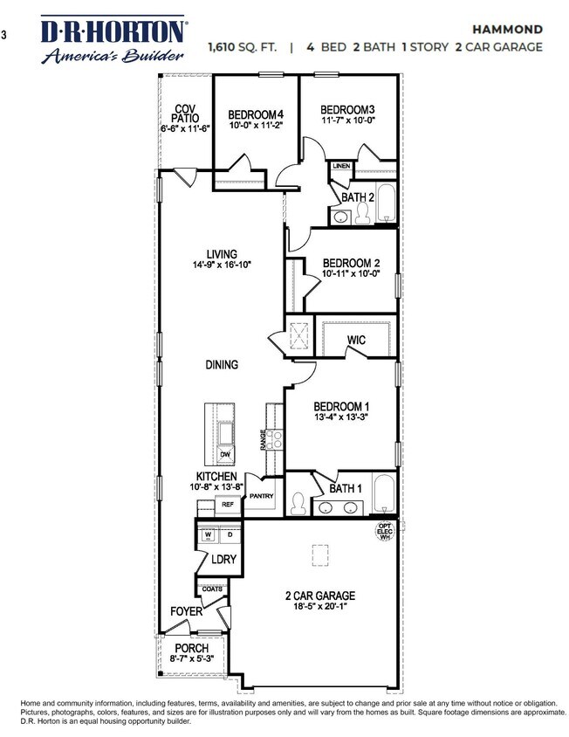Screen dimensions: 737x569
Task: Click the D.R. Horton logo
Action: point(113,39)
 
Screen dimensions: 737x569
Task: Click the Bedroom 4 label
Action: point(256,114)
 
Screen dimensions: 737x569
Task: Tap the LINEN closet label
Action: point(341,165)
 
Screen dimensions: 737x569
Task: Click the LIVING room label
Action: point(222,255)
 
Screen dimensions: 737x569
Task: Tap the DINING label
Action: point(223,365)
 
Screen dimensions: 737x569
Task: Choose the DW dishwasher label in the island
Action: point(225,454)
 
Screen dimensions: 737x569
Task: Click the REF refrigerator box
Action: point(227,504)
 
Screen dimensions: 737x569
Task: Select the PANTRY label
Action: point(262,496)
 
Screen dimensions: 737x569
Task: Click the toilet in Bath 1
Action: point(297,504)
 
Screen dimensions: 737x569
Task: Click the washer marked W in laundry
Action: point(208,534)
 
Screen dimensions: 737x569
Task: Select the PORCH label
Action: point(191,649)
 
